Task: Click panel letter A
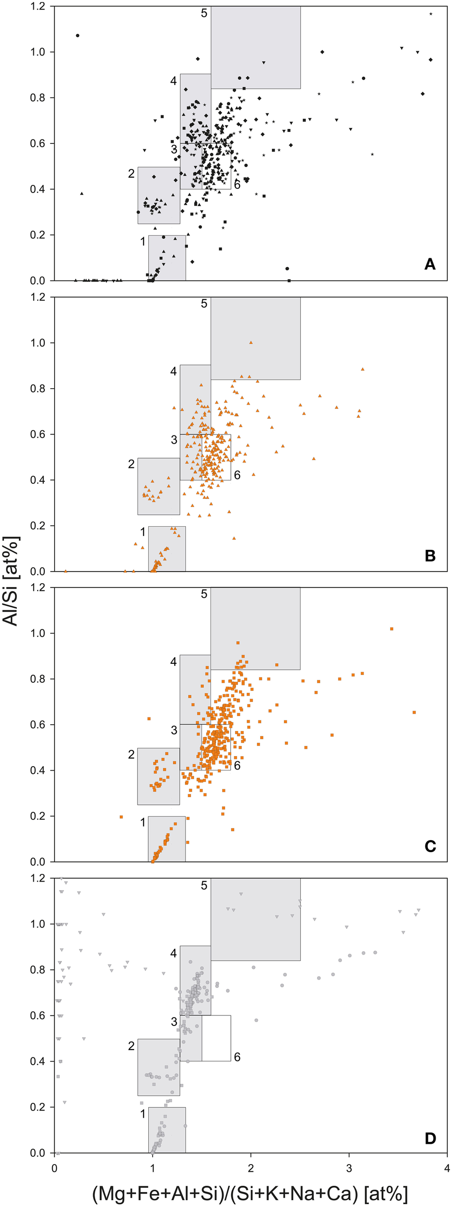[x=430, y=264]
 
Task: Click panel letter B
[x=430, y=555]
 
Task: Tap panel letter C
[x=430, y=846]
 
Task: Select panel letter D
[x=430, y=1138]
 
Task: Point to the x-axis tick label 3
[x=349, y=1168]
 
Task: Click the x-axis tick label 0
[x=54, y=1168]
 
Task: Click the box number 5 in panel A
[x=204, y=13]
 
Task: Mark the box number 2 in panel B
[x=131, y=464]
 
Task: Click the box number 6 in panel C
[x=237, y=766]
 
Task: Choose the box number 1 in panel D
[x=142, y=1114]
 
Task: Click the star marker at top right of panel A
[x=431, y=14]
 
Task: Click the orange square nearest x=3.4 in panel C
[x=392, y=629]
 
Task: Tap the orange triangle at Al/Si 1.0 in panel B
[x=251, y=342]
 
